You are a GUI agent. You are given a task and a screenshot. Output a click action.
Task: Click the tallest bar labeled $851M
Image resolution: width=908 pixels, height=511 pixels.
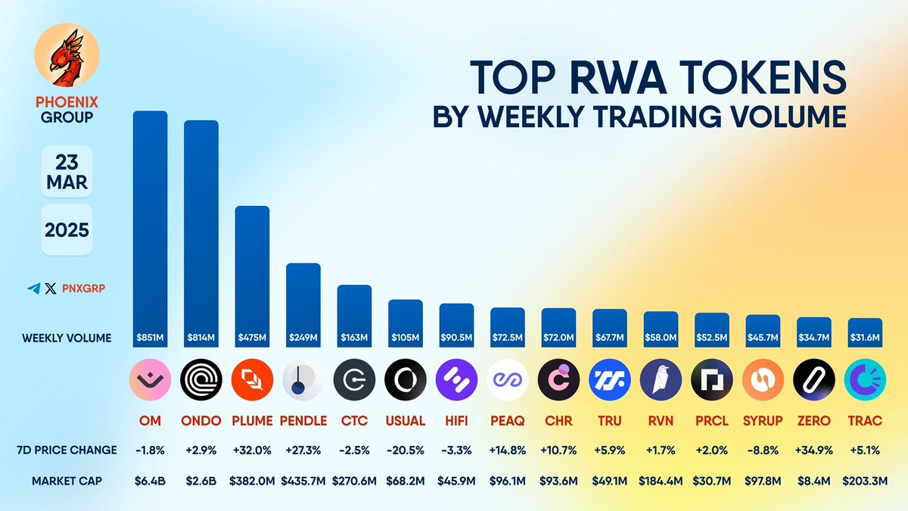tap(150, 229)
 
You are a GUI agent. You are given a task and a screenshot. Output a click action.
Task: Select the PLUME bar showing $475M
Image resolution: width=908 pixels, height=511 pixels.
tap(252, 276)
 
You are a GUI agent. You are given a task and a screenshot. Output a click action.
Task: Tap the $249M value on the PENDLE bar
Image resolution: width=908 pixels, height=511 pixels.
tap(303, 338)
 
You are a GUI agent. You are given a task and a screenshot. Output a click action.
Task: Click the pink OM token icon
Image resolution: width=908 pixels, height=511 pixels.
tap(150, 379)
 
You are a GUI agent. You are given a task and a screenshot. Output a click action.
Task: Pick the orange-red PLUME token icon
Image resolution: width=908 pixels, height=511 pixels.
tap(252, 379)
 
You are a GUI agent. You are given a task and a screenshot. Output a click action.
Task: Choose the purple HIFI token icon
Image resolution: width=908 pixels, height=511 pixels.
tap(456, 379)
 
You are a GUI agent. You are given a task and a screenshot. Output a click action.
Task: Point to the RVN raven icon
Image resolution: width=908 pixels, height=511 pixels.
tap(661, 379)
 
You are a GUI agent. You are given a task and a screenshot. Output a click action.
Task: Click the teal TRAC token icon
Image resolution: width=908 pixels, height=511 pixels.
tap(865, 379)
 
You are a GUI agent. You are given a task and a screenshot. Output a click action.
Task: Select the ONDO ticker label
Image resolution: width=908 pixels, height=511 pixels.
tap(201, 421)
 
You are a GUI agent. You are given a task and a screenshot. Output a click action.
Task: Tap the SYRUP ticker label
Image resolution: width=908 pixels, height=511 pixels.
tap(763, 421)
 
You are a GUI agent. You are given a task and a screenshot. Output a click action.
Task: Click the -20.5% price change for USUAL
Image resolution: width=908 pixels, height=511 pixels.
tap(406, 450)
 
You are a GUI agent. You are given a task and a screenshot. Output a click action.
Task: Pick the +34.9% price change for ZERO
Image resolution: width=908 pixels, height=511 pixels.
tap(814, 450)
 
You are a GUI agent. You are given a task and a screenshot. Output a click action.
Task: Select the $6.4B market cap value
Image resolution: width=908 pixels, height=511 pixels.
tap(150, 481)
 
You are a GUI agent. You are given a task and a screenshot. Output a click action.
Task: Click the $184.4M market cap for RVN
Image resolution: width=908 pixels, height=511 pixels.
tap(661, 481)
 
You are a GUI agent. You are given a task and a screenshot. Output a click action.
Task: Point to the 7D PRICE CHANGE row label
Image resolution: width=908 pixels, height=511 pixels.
tap(67, 450)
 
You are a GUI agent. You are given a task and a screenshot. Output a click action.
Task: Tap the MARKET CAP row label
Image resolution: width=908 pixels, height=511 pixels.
tap(67, 481)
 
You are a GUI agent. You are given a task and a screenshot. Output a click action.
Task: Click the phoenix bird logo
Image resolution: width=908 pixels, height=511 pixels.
tap(67, 55)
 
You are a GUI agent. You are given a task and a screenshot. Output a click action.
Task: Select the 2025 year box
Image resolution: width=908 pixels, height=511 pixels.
tap(67, 230)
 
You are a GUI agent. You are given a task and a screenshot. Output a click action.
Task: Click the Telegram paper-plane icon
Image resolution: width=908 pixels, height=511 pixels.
tap(34, 288)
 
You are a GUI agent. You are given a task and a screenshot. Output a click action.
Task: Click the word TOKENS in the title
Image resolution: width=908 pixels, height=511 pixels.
tap(761, 77)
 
